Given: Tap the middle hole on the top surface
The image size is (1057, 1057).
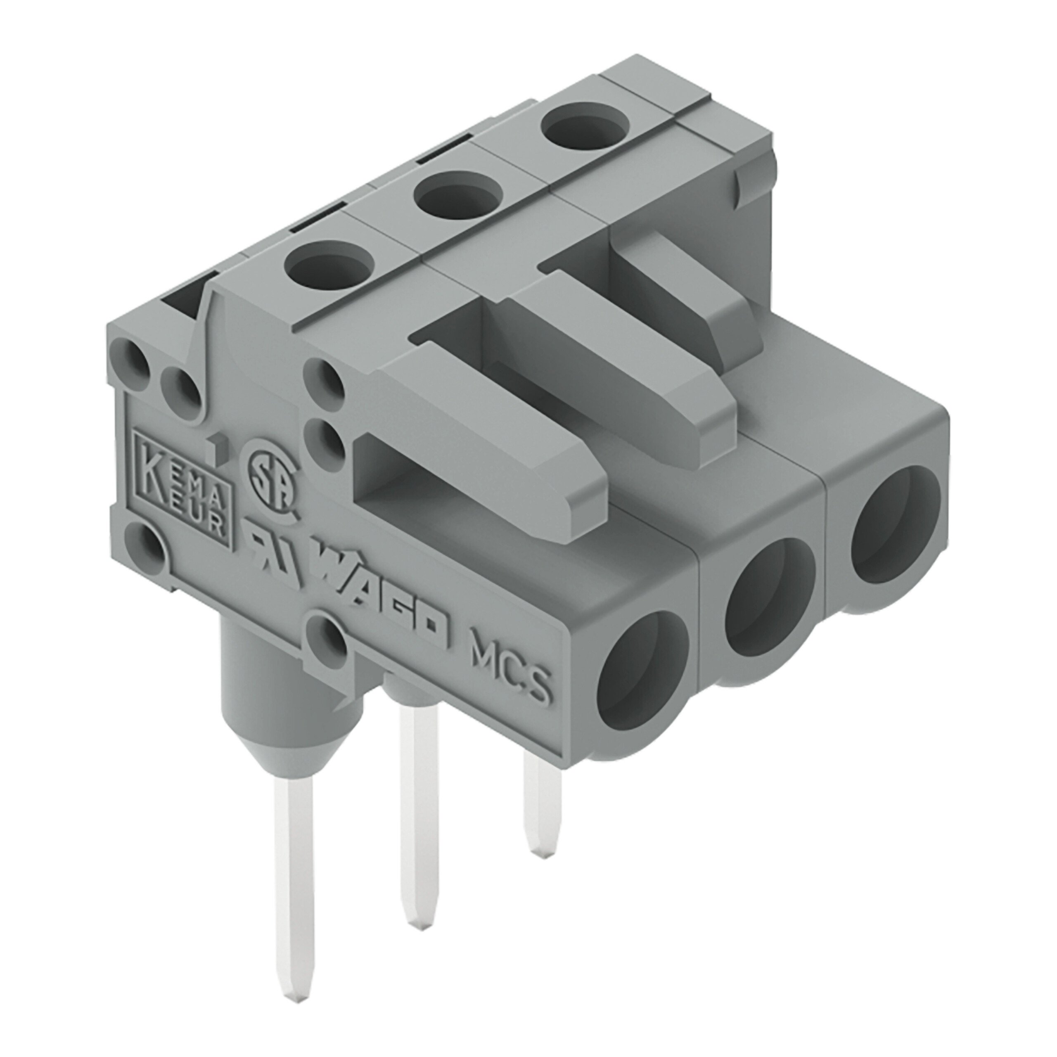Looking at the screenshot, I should pyautogui.click(x=458, y=194).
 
